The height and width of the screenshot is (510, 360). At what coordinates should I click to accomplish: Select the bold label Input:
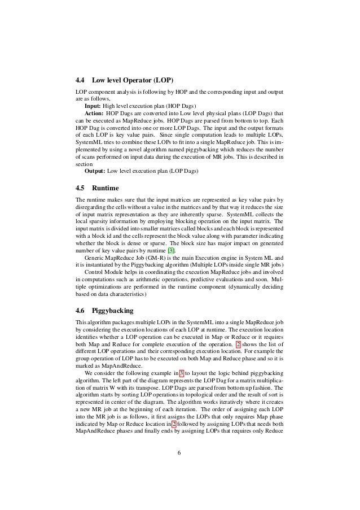tap(93, 106)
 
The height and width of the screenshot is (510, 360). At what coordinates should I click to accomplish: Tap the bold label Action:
tap(94, 113)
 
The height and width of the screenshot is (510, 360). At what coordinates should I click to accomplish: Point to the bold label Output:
tap(95, 170)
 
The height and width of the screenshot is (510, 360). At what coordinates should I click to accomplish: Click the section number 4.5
tap(82, 187)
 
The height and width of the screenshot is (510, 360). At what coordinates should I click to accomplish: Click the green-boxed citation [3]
tap(175, 251)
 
